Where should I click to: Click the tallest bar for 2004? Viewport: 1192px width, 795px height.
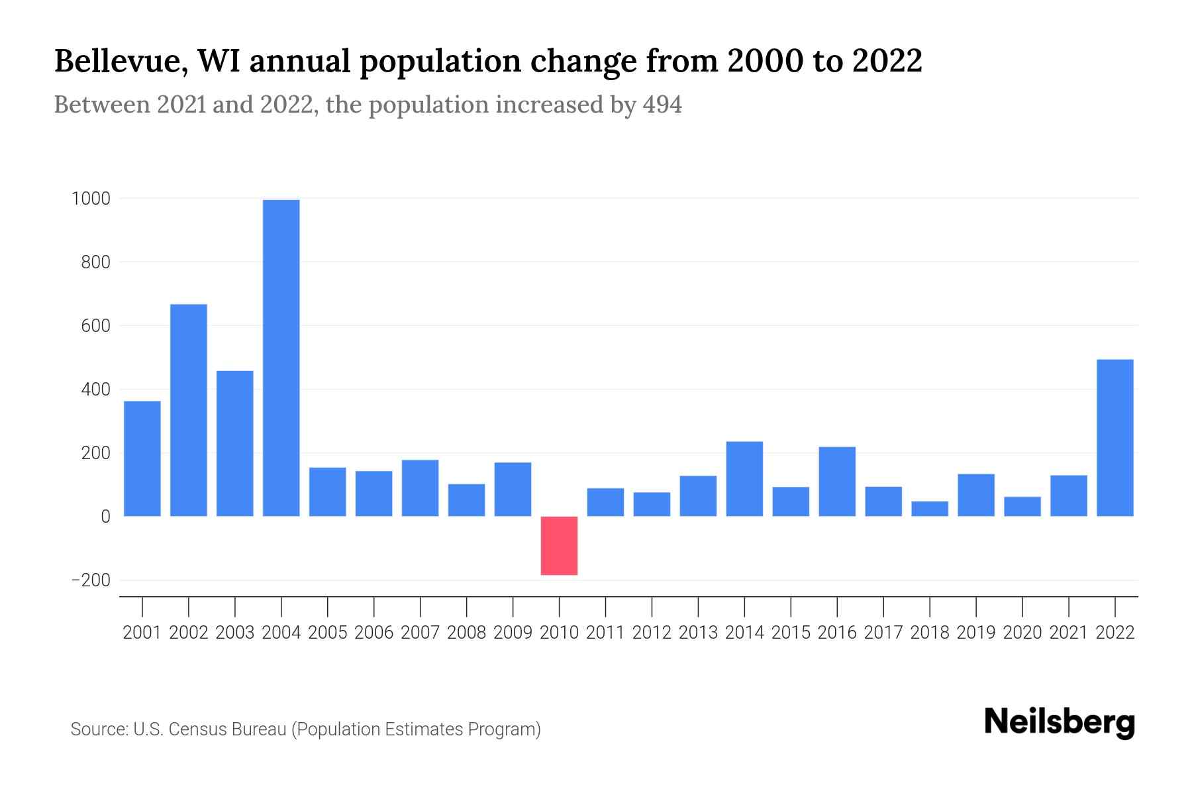(x=281, y=358)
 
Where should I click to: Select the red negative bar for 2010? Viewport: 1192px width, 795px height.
(x=559, y=545)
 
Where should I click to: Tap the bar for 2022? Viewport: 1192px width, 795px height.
(x=1115, y=437)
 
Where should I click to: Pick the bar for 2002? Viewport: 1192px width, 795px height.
(x=189, y=410)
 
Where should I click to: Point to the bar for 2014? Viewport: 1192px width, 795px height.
(x=744, y=478)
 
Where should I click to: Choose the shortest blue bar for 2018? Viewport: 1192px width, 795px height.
(x=930, y=508)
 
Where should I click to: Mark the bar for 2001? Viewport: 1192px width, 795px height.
(x=142, y=458)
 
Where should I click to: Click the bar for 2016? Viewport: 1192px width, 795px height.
(x=837, y=481)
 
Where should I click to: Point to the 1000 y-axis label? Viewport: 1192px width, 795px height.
(x=91, y=199)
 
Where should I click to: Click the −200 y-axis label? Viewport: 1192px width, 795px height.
(x=91, y=580)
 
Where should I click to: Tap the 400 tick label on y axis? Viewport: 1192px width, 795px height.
(x=96, y=390)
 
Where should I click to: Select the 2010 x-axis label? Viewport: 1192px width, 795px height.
(x=559, y=633)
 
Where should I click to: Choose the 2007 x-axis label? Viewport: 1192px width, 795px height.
(x=420, y=633)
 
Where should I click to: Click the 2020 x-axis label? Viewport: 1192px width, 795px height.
(x=1022, y=633)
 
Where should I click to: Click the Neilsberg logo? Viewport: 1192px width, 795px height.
(x=1060, y=722)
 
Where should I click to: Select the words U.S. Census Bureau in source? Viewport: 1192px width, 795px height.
(x=210, y=729)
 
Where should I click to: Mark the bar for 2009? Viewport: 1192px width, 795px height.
(x=513, y=489)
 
